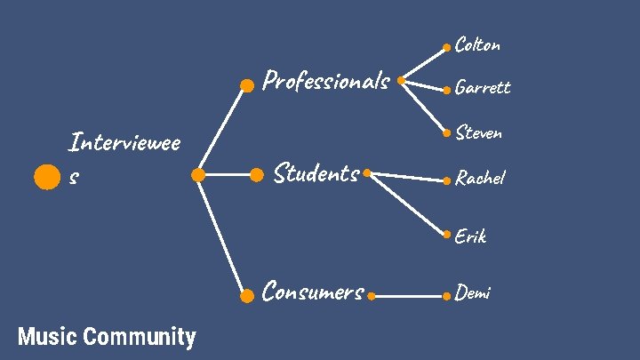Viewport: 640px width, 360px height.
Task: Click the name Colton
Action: pos(477,44)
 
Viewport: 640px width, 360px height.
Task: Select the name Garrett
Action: pos(482,87)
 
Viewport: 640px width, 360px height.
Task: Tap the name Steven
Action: pos(478,132)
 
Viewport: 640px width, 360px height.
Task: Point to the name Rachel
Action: pos(480,178)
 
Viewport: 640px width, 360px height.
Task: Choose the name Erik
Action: pos(470,236)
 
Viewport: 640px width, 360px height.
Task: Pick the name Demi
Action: pos(473,292)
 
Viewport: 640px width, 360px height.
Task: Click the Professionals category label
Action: pos(326,82)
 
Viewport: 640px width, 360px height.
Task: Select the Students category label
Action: pos(316,172)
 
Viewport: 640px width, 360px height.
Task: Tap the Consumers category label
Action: pos(313,292)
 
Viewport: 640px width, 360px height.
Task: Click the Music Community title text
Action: pos(107,337)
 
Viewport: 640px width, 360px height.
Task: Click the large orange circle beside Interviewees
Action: pos(46,177)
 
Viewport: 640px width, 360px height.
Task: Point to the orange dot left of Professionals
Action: pos(247,85)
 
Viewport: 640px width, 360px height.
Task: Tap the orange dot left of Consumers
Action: pos(247,296)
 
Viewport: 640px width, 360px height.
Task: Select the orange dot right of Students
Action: pos(366,174)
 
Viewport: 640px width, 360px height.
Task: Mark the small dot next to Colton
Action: pos(447,47)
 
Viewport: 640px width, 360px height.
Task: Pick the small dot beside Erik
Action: pos(447,236)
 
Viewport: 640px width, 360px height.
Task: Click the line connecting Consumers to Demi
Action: pos(409,294)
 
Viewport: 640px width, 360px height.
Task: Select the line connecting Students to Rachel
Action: pos(406,177)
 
